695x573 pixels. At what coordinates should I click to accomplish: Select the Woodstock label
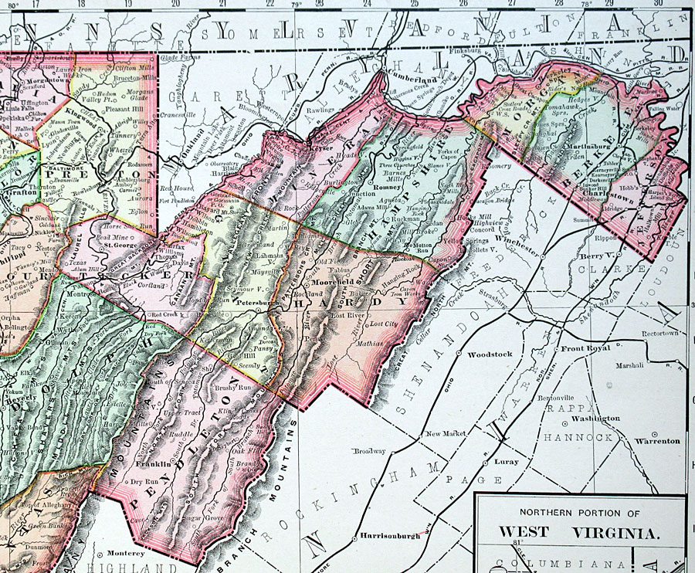click(490, 354)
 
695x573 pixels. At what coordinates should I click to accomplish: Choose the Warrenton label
click(657, 441)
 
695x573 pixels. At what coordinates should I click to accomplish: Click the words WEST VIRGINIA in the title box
click(579, 532)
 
